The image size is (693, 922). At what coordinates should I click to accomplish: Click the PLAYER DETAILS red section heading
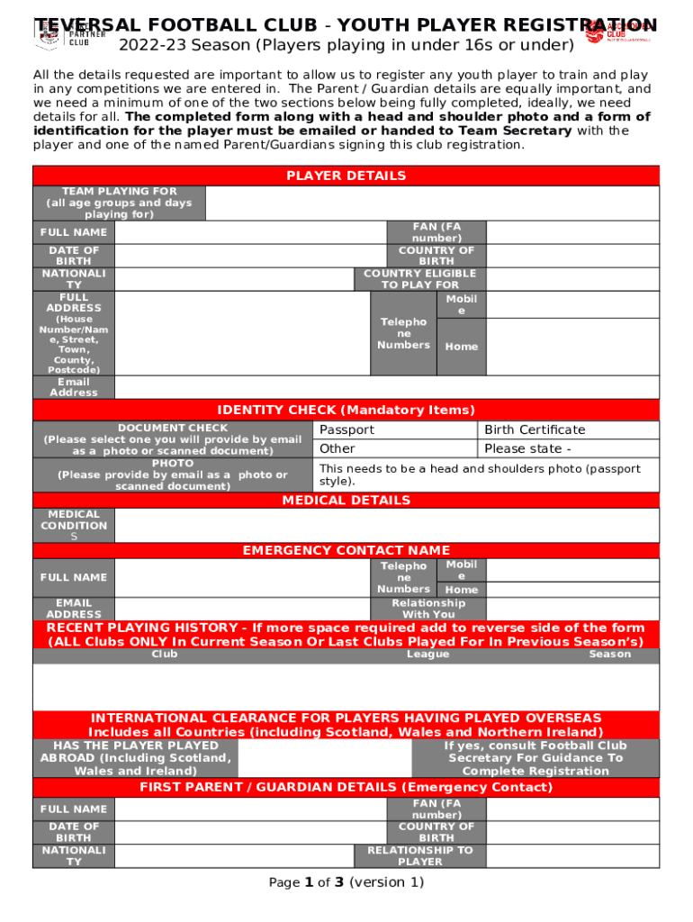click(346, 176)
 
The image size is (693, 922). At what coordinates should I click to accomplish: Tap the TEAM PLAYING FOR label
click(119, 203)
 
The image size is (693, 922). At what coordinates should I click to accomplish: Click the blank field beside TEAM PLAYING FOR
click(432, 203)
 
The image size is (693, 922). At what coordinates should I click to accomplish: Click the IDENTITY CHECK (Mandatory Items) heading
click(346, 410)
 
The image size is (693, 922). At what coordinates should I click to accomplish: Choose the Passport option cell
click(395, 429)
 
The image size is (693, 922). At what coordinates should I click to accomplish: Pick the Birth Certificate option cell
click(569, 429)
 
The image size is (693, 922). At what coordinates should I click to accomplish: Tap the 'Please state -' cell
click(569, 448)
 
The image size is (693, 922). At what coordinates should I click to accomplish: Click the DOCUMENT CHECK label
click(173, 439)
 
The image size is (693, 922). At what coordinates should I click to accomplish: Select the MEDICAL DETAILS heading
click(346, 500)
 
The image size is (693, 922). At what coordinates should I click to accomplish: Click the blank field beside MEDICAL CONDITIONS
click(387, 526)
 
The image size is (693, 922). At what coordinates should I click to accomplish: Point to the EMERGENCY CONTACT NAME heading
click(346, 550)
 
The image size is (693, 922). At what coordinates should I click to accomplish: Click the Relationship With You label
click(428, 609)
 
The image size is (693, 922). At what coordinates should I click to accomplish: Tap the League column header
click(427, 655)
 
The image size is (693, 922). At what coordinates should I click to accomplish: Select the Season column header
click(609, 655)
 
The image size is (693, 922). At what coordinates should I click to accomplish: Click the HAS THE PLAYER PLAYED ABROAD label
click(135, 758)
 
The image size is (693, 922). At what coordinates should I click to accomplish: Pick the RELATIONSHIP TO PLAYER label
click(419, 855)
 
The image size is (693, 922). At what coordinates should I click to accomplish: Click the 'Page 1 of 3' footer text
click(346, 882)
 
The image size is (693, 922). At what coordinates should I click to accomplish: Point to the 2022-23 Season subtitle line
click(346, 45)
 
